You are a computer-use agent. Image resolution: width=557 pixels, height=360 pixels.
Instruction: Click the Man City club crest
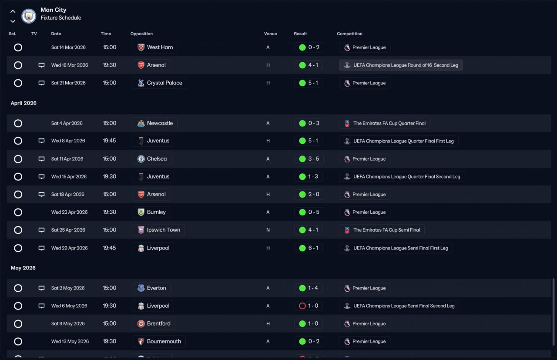coord(29,16)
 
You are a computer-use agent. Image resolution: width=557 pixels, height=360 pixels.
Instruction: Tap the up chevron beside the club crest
coord(13,11)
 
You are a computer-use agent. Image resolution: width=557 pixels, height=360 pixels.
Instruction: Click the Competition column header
coord(349,34)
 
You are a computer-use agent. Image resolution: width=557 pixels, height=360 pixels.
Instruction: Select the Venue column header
coord(270,34)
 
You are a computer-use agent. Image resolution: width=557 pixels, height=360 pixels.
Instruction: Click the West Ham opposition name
coord(160,47)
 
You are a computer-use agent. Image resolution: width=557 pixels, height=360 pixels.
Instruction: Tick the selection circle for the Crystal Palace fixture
coord(18,83)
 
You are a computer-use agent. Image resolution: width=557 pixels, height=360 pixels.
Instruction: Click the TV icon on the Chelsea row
coord(41,159)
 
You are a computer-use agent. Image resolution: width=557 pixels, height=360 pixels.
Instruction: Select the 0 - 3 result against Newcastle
coord(314,123)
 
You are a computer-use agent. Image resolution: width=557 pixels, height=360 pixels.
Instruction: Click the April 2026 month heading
coord(23,103)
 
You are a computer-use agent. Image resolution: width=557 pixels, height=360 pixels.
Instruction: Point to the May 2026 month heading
coord(23,268)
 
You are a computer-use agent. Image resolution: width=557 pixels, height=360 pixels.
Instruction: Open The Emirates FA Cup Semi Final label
coord(386,230)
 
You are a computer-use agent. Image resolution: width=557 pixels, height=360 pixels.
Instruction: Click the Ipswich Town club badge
coord(141,230)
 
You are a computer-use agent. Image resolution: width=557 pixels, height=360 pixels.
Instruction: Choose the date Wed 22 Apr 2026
coord(69,212)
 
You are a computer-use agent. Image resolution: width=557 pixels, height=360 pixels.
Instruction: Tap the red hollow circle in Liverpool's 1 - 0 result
coord(302,306)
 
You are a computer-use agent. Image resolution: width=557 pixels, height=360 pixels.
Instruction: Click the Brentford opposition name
coord(159,323)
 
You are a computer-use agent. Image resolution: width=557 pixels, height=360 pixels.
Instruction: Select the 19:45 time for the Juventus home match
coord(109,141)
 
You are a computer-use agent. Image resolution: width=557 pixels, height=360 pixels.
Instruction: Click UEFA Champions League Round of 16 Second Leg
coord(406,65)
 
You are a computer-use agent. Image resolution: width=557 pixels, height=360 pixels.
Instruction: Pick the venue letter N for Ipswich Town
coord(268,230)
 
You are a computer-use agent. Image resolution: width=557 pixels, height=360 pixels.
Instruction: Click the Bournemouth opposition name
coord(164,341)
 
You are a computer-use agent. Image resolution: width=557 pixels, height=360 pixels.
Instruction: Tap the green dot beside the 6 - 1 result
coord(302,248)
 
